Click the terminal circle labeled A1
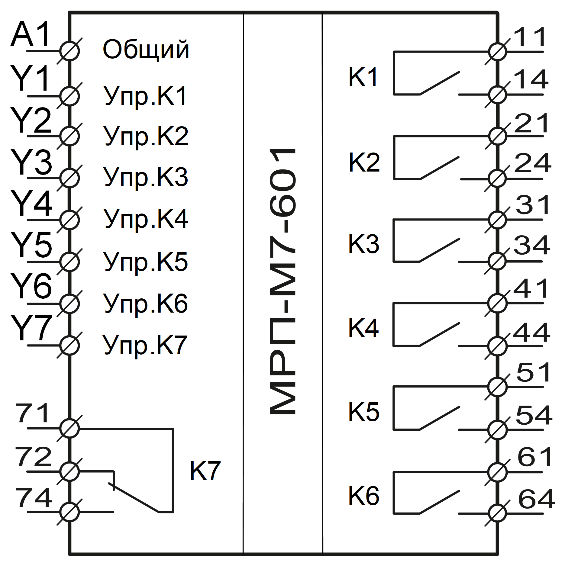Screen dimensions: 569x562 click(69, 51)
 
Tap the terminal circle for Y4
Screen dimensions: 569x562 click(69, 220)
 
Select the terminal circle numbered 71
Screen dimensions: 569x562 click(69, 428)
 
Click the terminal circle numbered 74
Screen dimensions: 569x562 click(69, 512)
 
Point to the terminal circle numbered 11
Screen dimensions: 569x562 click(497, 52)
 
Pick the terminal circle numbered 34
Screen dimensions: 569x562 click(497, 261)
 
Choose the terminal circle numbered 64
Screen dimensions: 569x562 click(497, 513)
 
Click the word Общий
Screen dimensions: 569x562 click(146, 50)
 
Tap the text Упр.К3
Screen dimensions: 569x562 click(146, 178)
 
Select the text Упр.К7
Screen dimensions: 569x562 click(145, 345)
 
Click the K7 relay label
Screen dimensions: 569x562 click(205, 471)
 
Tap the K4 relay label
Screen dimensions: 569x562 click(363, 329)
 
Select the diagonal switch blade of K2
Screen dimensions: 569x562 click(440, 168)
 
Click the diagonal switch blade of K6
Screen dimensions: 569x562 click(440, 502)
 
